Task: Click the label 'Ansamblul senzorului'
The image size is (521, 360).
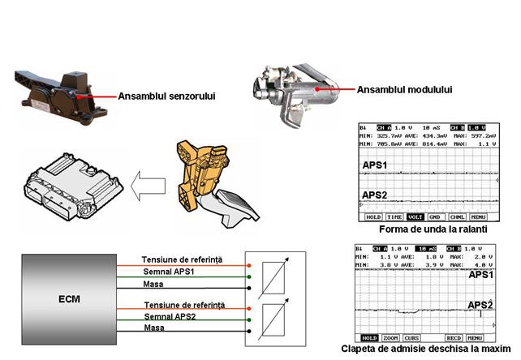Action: [170, 95]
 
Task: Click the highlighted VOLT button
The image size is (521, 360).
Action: [416, 217]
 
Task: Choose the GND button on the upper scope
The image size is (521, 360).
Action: [435, 217]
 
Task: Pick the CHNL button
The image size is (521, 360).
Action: [457, 217]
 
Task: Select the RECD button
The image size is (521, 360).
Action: [454, 336]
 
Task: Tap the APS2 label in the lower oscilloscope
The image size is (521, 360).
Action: [480, 305]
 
